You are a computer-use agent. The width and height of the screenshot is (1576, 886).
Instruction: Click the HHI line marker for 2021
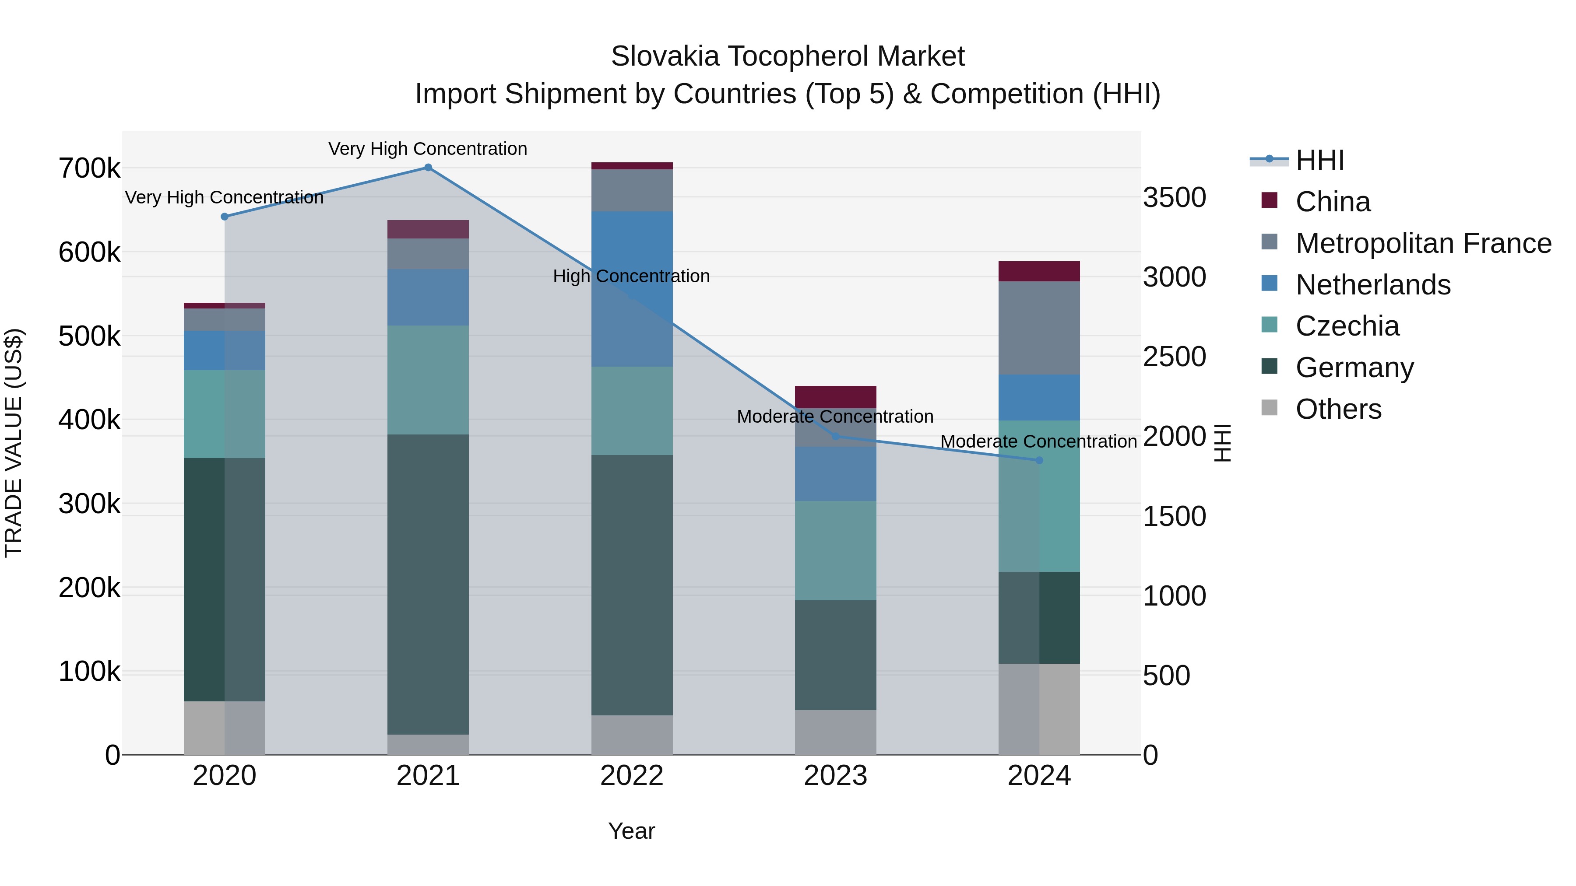(x=428, y=168)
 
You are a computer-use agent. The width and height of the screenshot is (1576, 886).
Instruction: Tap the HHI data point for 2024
(x=1039, y=460)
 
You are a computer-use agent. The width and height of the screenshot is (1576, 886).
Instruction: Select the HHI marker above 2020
(x=225, y=217)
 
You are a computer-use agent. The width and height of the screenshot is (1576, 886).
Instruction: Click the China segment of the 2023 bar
(x=835, y=397)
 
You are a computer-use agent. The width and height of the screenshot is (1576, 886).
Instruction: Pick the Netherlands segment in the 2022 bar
(x=632, y=289)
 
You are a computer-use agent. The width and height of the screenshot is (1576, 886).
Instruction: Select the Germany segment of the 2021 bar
(x=428, y=584)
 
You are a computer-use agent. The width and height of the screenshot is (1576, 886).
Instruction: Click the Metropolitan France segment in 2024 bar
(x=1039, y=328)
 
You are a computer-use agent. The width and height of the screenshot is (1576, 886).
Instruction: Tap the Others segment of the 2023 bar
(x=835, y=732)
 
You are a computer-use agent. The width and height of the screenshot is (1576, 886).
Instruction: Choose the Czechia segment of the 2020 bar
(x=225, y=414)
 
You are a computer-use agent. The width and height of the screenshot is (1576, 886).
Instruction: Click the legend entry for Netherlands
(x=1372, y=285)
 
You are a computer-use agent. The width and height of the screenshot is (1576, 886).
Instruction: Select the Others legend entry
(x=1338, y=409)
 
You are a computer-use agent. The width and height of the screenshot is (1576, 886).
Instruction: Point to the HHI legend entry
(x=1319, y=160)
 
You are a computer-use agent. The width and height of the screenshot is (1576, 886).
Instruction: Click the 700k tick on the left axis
(x=89, y=169)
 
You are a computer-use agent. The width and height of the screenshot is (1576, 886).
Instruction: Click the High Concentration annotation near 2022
(x=631, y=277)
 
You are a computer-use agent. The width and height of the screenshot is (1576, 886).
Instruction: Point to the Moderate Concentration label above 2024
(x=1038, y=441)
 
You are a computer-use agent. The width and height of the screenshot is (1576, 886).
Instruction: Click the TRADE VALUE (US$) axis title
(x=14, y=443)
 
